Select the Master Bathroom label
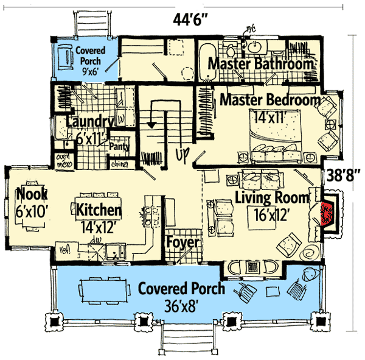262,64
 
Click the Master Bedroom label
270,99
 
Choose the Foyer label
182,243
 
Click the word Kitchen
99,210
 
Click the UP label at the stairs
181,155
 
